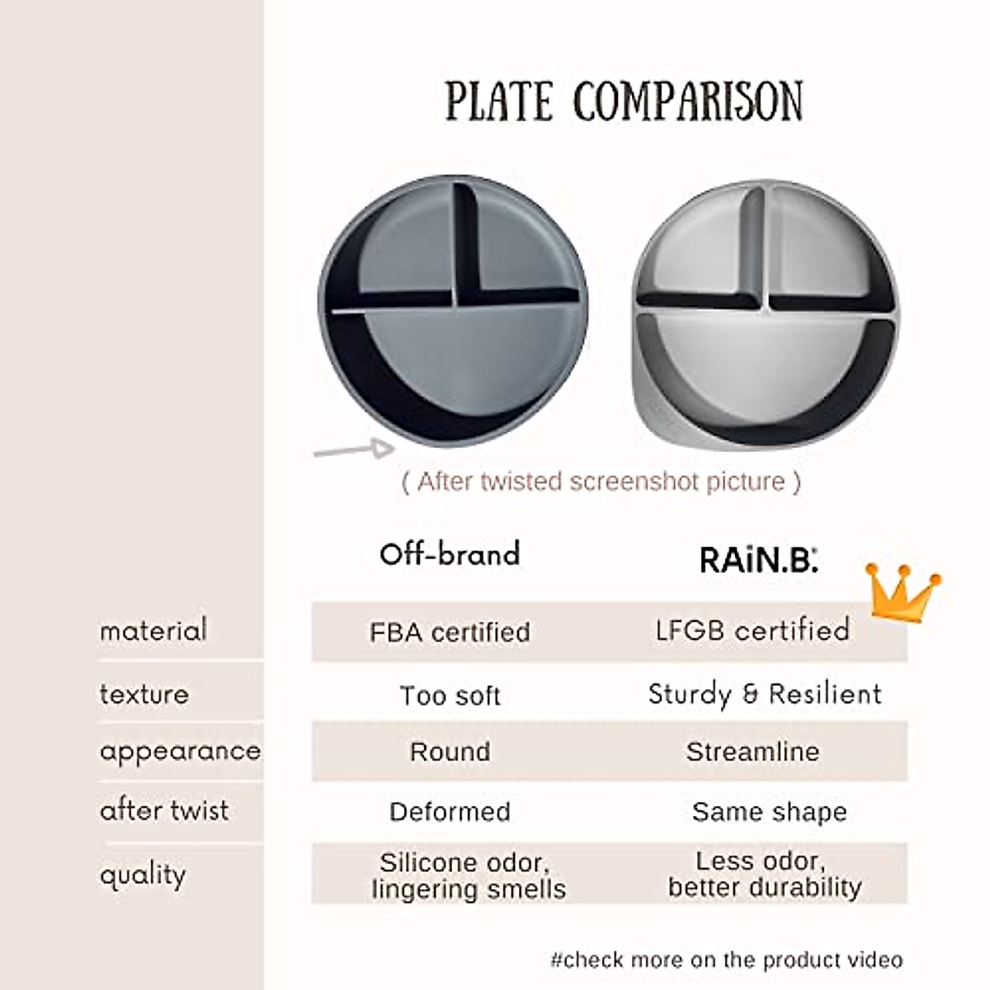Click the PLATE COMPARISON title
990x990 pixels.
pyautogui.click(x=624, y=101)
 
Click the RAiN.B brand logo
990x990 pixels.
pyautogui.click(x=758, y=559)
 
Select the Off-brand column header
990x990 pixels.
pyautogui.click(x=450, y=554)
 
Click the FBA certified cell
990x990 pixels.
pyautogui.click(x=450, y=632)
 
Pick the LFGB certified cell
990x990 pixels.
pyautogui.click(x=752, y=630)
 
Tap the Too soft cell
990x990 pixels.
pyautogui.click(x=450, y=695)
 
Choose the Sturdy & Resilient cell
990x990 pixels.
pyautogui.click(x=765, y=695)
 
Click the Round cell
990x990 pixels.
pyautogui.click(x=450, y=752)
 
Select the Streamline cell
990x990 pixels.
pyautogui.click(x=752, y=752)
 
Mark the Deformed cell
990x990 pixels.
pyautogui.click(x=450, y=812)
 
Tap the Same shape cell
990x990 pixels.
pyautogui.click(x=770, y=813)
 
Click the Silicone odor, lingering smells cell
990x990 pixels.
pyautogui.click(x=468, y=875)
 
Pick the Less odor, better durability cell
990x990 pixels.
pyautogui.click(x=765, y=874)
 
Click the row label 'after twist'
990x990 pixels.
pyautogui.click(x=164, y=811)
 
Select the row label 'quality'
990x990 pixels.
pyautogui.click(x=143, y=875)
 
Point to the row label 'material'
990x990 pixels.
pyautogui.click(x=153, y=629)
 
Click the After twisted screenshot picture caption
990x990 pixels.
pyautogui.click(x=601, y=482)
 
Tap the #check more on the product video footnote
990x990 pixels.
pyautogui.click(x=727, y=959)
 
